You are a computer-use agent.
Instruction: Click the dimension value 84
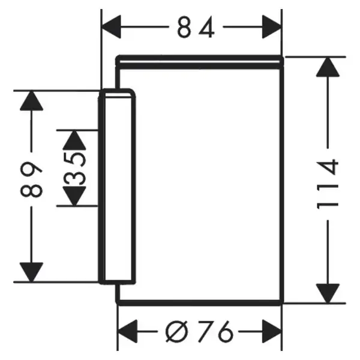(x=196, y=27)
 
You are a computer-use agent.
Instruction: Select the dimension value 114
(x=327, y=184)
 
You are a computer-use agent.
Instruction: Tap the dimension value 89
(x=31, y=179)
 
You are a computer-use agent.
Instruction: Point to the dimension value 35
(x=74, y=169)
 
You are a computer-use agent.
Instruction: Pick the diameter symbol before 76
(x=176, y=332)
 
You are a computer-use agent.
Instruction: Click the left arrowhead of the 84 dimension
(x=111, y=27)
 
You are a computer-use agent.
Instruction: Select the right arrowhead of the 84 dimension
(x=272, y=27)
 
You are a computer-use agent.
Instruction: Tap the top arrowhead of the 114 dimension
(x=328, y=67)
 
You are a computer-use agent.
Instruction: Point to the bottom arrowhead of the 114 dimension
(x=328, y=293)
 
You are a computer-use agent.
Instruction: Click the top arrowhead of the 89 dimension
(x=31, y=101)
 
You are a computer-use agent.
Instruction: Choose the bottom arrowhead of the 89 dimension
(x=31, y=272)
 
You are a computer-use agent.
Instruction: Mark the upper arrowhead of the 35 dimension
(x=74, y=140)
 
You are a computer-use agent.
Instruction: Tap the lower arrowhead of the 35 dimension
(x=74, y=196)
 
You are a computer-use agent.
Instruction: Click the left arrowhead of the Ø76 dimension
(x=127, y=332)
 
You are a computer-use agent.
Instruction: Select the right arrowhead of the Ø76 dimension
(x=272, y=332)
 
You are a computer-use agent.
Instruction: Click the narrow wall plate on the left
(x=117, y=187)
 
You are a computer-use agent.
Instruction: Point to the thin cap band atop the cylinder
(x=200, y=62)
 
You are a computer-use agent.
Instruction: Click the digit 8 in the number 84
(x=184, y=28)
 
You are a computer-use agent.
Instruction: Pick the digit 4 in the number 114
(x=327, y=167)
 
